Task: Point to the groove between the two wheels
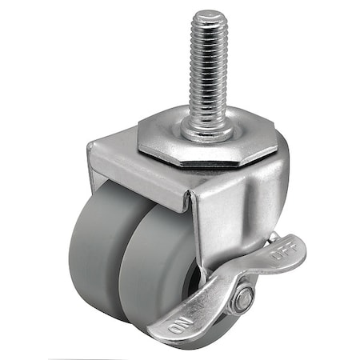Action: (122, 256)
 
